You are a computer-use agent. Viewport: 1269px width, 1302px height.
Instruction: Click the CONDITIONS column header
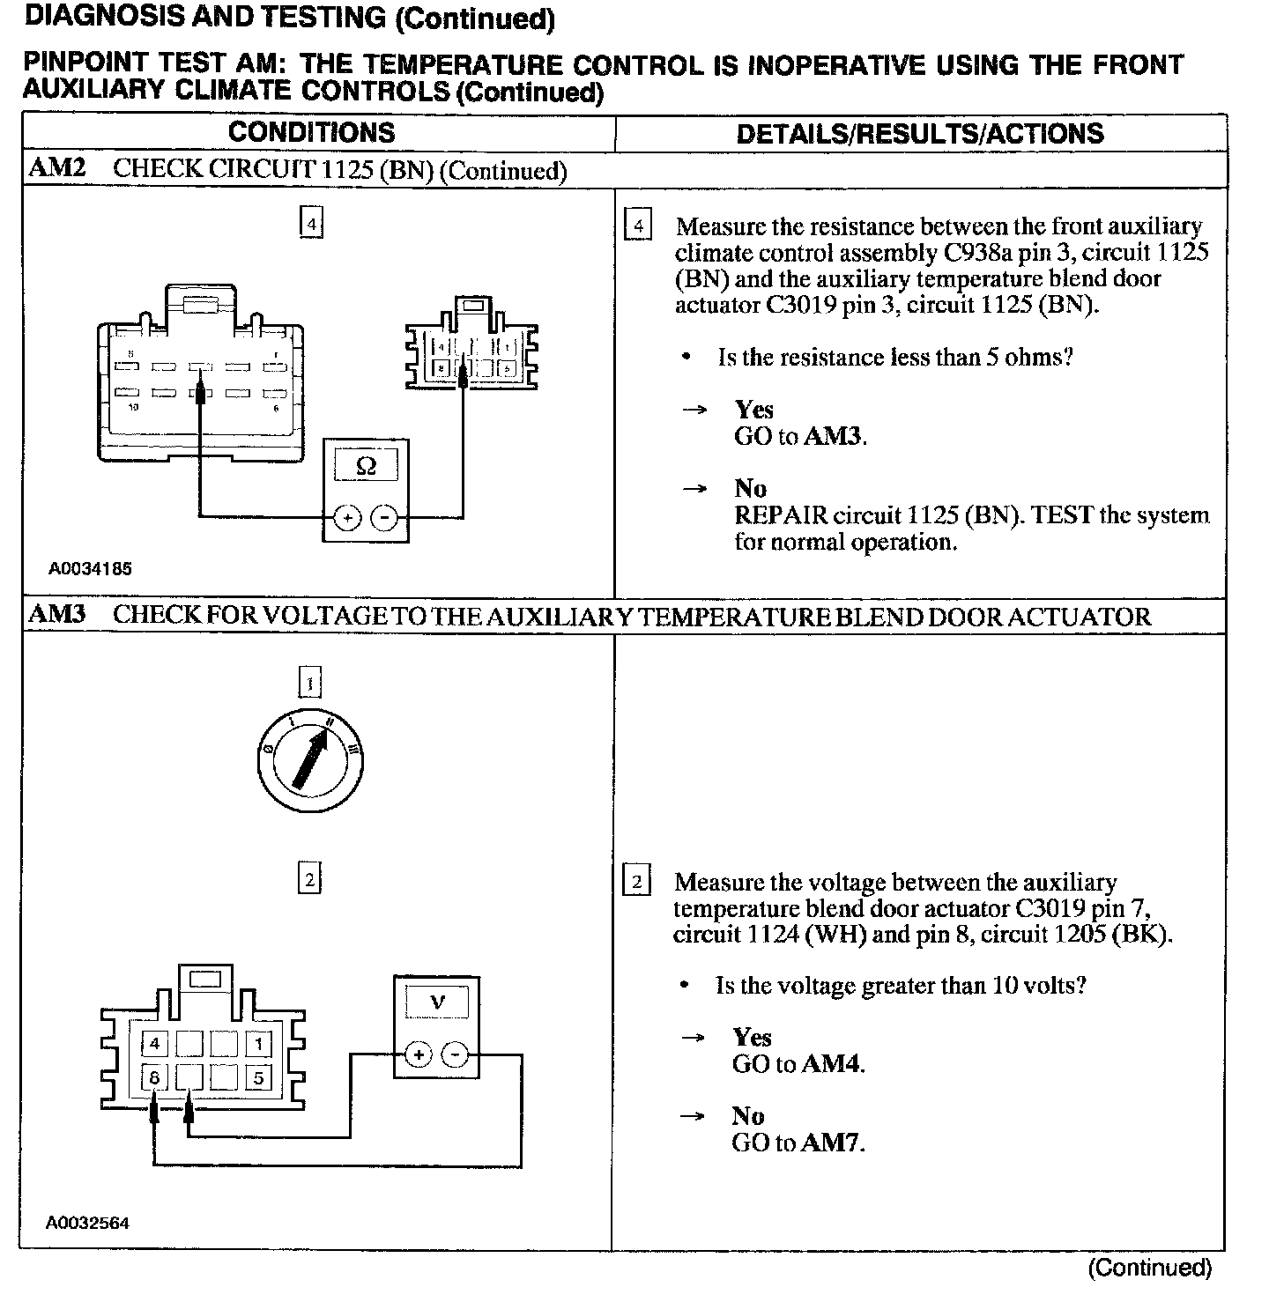click(x=312, y=133)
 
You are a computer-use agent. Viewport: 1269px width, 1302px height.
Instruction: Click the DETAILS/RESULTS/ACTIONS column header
click(x=919, y=134)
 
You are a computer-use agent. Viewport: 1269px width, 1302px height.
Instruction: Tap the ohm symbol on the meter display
click(x=366, y=466)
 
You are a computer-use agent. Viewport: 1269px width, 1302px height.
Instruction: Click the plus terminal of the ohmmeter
click(x=347, y=517)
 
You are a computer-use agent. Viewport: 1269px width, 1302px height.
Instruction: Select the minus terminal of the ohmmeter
click(x=383, y=517)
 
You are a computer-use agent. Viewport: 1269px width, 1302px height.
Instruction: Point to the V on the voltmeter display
click(x=437, y=1002)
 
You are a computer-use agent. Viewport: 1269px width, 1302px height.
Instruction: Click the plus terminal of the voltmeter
click(x=419, y=1054)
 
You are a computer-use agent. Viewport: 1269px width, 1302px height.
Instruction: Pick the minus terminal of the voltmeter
click(x=454, y=1054)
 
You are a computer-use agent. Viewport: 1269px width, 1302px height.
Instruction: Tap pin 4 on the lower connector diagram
click(x=154, y=1045)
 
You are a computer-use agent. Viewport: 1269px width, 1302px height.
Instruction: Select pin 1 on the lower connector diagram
click(x=258, y=1045)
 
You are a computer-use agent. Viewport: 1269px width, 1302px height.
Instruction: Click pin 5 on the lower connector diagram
click(x=258, y=1077)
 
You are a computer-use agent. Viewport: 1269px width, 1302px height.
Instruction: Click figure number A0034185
click(x=90, y=569)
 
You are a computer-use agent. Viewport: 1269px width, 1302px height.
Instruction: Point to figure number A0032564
click(x=87, y=1223)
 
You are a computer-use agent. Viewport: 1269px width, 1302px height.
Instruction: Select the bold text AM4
click(x=831, y=1064)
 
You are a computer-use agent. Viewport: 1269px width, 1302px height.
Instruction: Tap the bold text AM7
click(x=831, y=1143)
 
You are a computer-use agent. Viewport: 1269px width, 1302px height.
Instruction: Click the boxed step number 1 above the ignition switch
click(x=309, y=683)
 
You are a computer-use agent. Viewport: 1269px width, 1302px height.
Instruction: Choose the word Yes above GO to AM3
click(x=754, y=410)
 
